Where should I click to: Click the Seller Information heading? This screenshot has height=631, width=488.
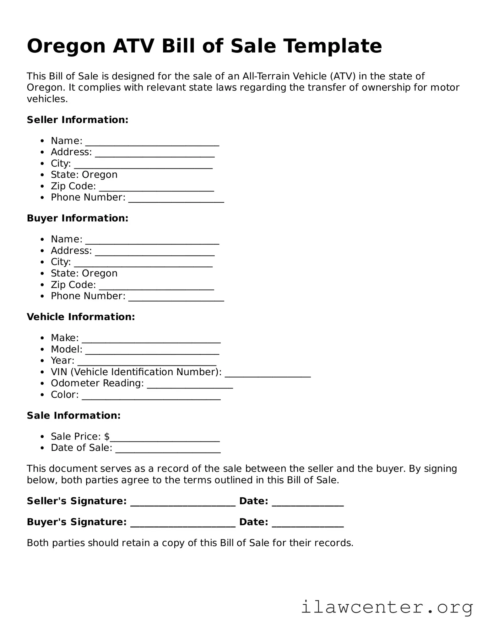click(x=78, y=120)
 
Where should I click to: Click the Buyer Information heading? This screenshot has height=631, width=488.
click(x=78, y=218)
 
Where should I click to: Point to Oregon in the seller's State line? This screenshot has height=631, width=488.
click(x=100, y=175)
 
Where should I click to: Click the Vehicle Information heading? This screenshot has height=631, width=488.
click(x=81, y=317)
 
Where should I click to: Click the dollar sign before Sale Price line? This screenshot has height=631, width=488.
click(x=107, y=436)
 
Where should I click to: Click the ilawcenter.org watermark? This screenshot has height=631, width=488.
click(x=387, y=607)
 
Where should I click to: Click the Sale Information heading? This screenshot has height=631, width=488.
click(x=74, y=416)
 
